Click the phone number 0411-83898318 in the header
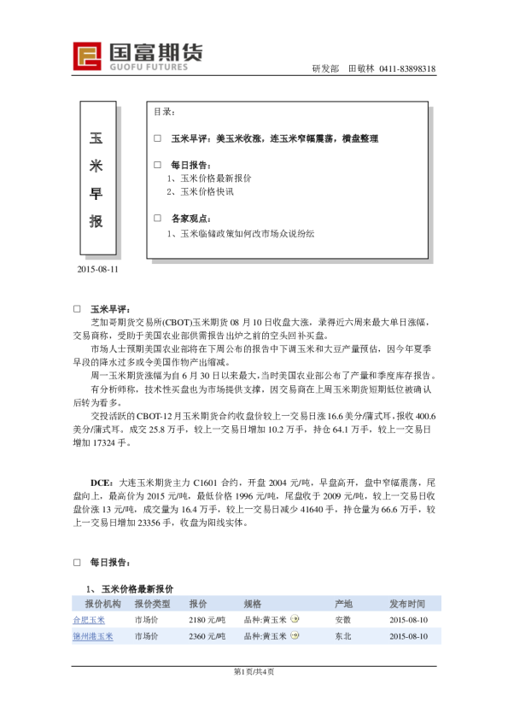click(407, 68)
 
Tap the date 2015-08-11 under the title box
click(96, 269)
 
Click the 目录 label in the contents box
click(164, 112)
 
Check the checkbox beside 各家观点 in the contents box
click(157, 218)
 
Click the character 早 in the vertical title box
click(96, 194)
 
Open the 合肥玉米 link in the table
click(89, 620)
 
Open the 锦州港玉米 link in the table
click(92, 636)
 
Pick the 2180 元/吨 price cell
click(207, 620)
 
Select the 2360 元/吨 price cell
click(207, 636)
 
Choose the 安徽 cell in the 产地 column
click(342, 620)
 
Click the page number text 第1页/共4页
click(254, 671)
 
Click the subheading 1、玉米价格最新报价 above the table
click(130, 588)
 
